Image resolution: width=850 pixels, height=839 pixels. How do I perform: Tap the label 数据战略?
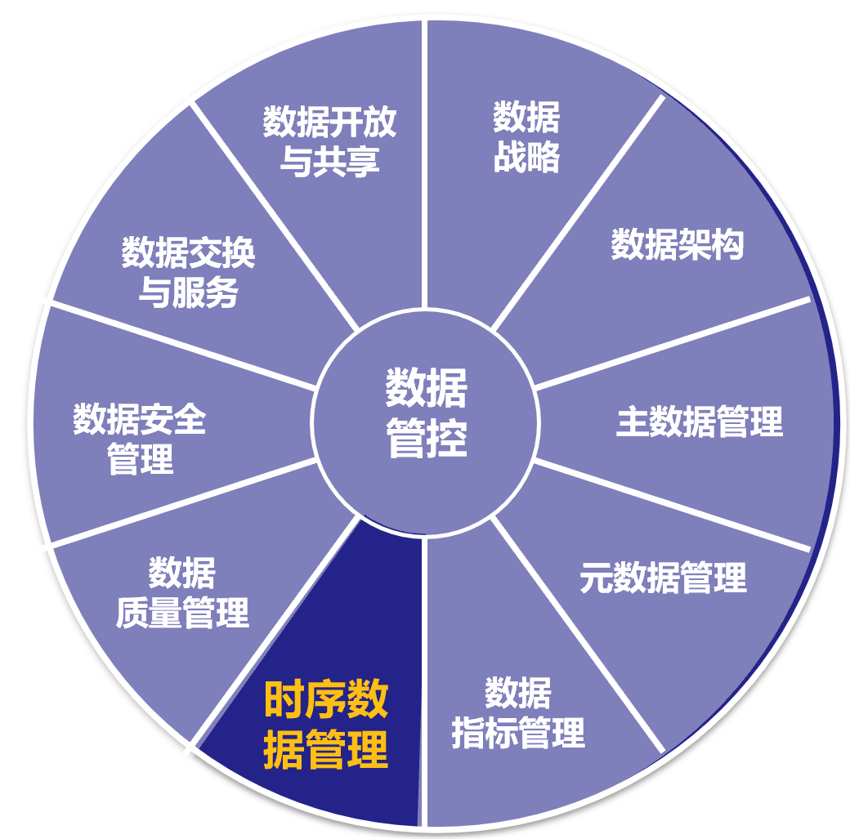tap(526, 137)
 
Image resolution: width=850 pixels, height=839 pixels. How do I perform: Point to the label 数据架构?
tap(678, 244)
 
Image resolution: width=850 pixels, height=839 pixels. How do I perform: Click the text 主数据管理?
tap(700, 422)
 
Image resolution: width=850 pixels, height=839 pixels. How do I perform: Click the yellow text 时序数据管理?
tap(325, 725)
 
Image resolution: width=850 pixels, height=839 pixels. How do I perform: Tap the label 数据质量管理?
tap(181, 592)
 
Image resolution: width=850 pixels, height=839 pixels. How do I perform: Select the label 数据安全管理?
tap(140, 440)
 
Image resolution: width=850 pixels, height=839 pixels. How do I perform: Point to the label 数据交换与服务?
tap(188, 272)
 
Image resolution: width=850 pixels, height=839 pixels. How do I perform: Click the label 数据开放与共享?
tap(329, 141)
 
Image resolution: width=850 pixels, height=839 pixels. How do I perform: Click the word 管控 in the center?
tap(427, 440)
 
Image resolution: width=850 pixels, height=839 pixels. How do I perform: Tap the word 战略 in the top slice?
tap(526, 158)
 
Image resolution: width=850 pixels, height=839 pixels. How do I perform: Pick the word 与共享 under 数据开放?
tap(329, 161)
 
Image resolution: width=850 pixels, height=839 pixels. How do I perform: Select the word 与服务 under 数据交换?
tap(188, 292)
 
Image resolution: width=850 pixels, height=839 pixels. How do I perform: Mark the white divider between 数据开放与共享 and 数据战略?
tap(425, 163)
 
